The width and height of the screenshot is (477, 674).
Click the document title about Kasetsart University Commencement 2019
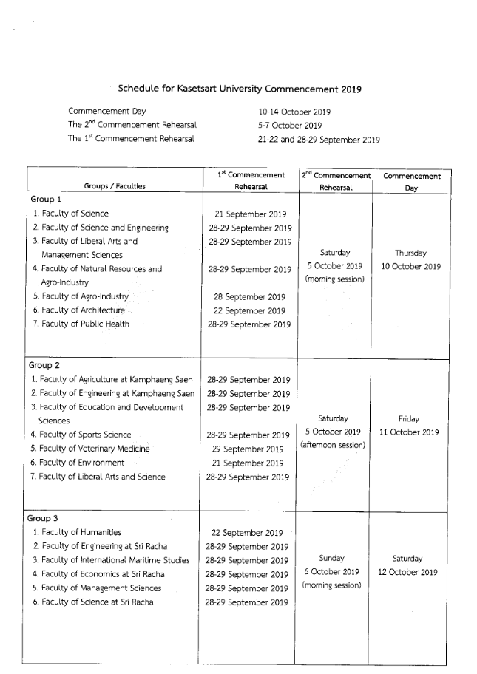[240, 89]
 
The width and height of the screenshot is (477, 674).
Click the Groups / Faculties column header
[115, 186]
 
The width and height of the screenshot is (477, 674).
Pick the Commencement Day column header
[411, 181]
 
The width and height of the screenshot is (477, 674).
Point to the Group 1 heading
[45, 200]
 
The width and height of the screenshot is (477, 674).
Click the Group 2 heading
[45, 365]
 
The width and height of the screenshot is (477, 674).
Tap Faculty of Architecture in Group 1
[83, 310]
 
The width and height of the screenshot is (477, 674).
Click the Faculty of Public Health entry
[85, 324]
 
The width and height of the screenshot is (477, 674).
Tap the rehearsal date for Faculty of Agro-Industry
[249, 296]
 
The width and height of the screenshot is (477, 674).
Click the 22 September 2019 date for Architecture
[249, 310]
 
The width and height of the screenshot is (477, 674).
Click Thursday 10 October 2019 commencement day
[411, 259]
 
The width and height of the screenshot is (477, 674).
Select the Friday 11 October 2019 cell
[409, 425]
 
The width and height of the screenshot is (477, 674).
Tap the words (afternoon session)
[333, 445]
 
